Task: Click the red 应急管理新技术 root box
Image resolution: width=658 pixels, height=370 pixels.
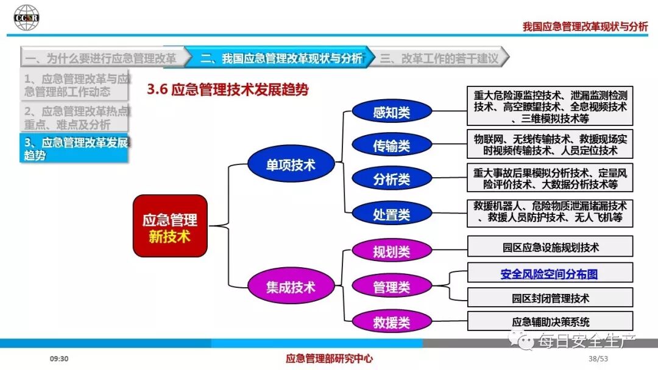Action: point(170,225)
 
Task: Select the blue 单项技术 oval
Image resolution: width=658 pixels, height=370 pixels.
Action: point(291,165)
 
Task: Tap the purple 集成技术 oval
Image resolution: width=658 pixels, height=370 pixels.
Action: point(291,287)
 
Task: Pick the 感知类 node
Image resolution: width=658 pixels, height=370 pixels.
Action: point(391,112)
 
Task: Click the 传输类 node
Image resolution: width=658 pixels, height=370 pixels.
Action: point(391,145)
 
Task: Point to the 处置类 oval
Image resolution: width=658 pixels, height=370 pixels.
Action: point(391,214)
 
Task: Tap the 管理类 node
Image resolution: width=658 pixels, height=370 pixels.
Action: point(391,287)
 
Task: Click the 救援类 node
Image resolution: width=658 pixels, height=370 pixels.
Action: point(391,322)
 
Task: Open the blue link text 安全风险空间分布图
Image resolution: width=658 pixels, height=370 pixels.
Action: point(549,274)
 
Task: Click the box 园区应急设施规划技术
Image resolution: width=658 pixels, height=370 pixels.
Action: point(550,247)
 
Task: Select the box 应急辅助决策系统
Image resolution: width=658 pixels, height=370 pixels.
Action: point(550,322)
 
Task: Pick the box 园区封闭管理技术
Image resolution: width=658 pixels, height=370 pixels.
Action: point(550,298)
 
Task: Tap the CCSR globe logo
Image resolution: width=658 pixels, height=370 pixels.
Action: point(26,17)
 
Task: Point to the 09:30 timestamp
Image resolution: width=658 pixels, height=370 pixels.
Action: point(59,359)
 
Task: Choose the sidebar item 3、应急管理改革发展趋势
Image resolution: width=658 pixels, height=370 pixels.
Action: point(74,148)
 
